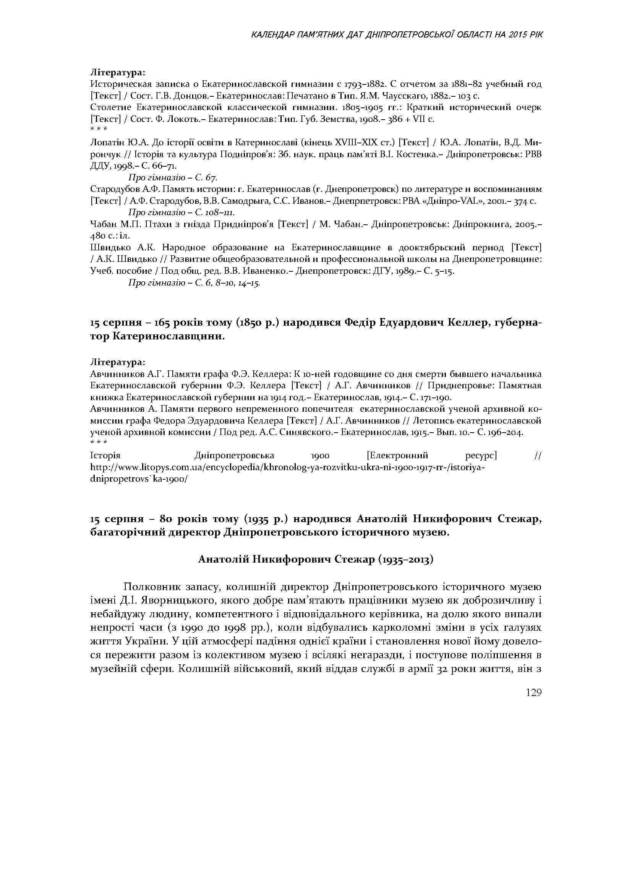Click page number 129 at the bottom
(x=533, y=693)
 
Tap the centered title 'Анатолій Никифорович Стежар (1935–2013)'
(x=316, y=560)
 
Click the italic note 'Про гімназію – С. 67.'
(x=173, y=178)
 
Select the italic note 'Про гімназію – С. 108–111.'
(x=181, y=213)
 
